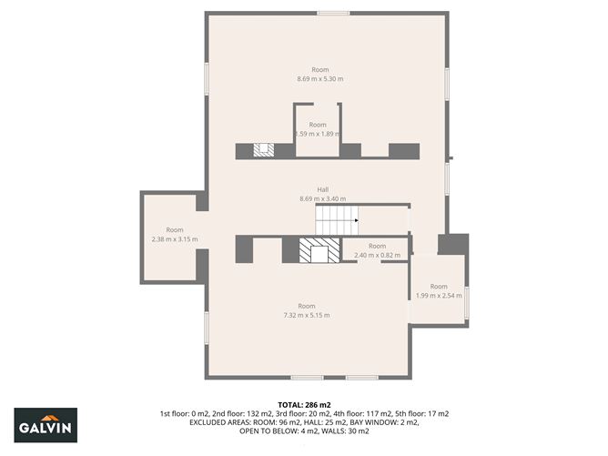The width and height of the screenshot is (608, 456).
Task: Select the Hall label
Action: (322, 189)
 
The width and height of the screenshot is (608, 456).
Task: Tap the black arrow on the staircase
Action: (356, 219)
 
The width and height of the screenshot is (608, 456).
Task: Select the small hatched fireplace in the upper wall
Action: (263, 150)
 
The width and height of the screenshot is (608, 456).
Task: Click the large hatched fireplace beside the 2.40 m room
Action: (318, 250)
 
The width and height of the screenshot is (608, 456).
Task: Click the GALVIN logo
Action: (46, 425)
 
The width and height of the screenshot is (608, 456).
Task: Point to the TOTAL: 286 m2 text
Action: (304, 403)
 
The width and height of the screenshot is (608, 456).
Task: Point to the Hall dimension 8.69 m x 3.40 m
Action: (322, 198)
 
